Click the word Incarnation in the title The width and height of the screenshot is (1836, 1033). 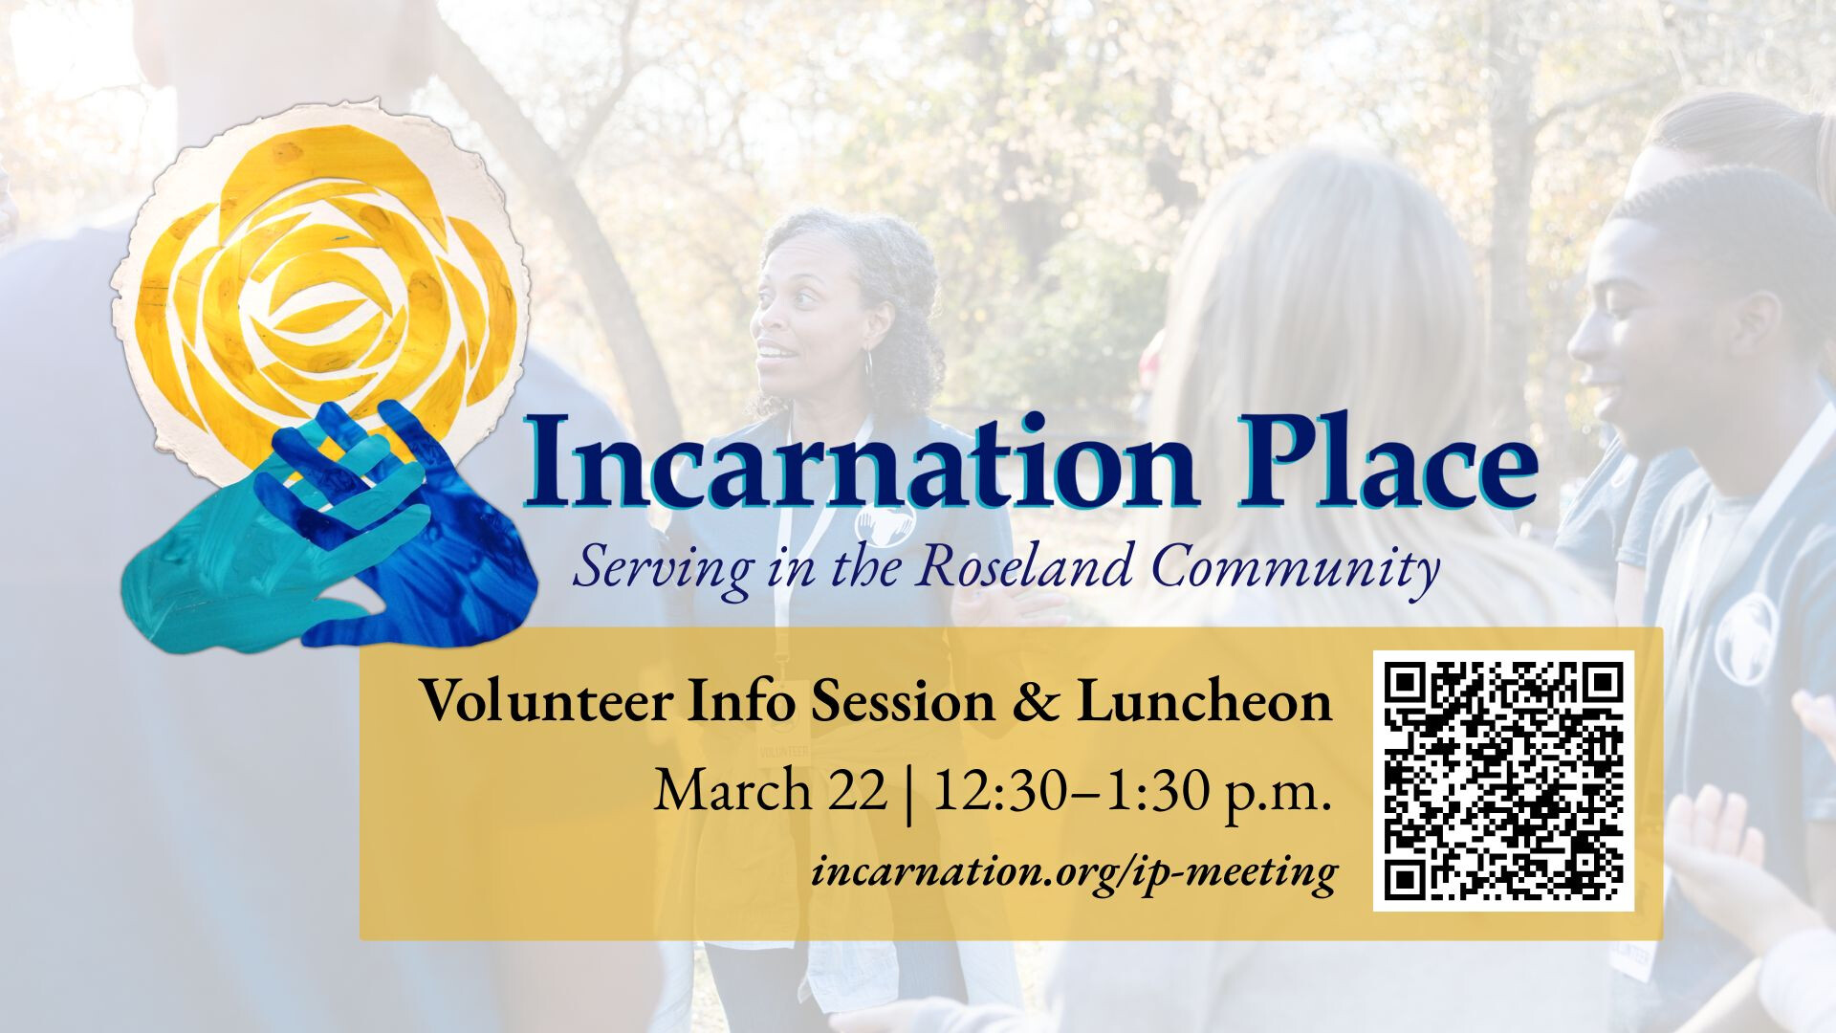pos(861,461)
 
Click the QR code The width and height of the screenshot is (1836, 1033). pos(1503,780)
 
